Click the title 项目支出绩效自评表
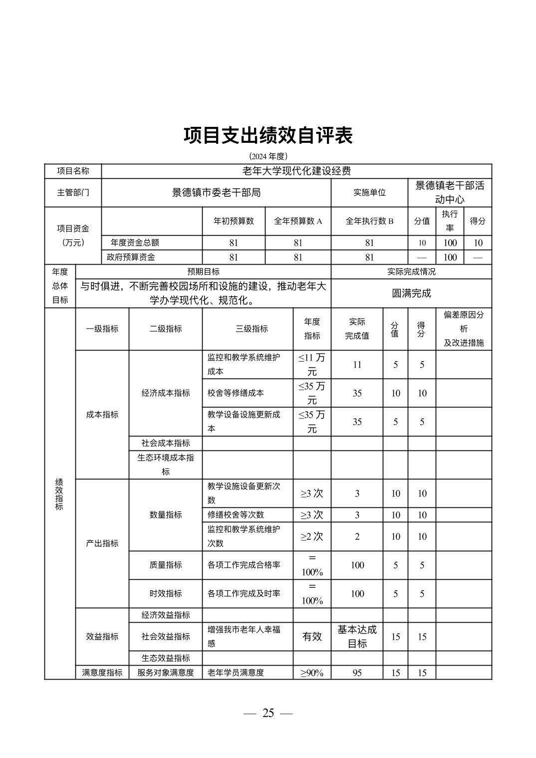[x=268, y=135]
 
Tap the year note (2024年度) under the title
[x=268, y=156]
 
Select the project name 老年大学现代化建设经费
[x=296, y=171]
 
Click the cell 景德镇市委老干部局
[x=216, y=193]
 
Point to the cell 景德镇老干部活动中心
[x=450, y=193]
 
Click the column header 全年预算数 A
[x=298, y=221]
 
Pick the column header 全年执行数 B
[x=369, y=221]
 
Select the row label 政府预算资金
[x=131, y=258]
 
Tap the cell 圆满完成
[x=411, y=294]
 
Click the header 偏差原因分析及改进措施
[x=464, y=329]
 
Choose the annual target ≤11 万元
[x=312, y=365]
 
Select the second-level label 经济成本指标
[x=166, y=393]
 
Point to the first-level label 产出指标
[x=102, y=543]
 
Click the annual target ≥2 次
[x=312, y=537]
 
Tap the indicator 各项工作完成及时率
[x=244, y=594]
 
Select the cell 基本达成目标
[x=357, y=637]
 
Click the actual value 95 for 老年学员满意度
[x=357, y=673]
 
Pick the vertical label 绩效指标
[x=59, y=494]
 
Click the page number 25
[x=268, y=713]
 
